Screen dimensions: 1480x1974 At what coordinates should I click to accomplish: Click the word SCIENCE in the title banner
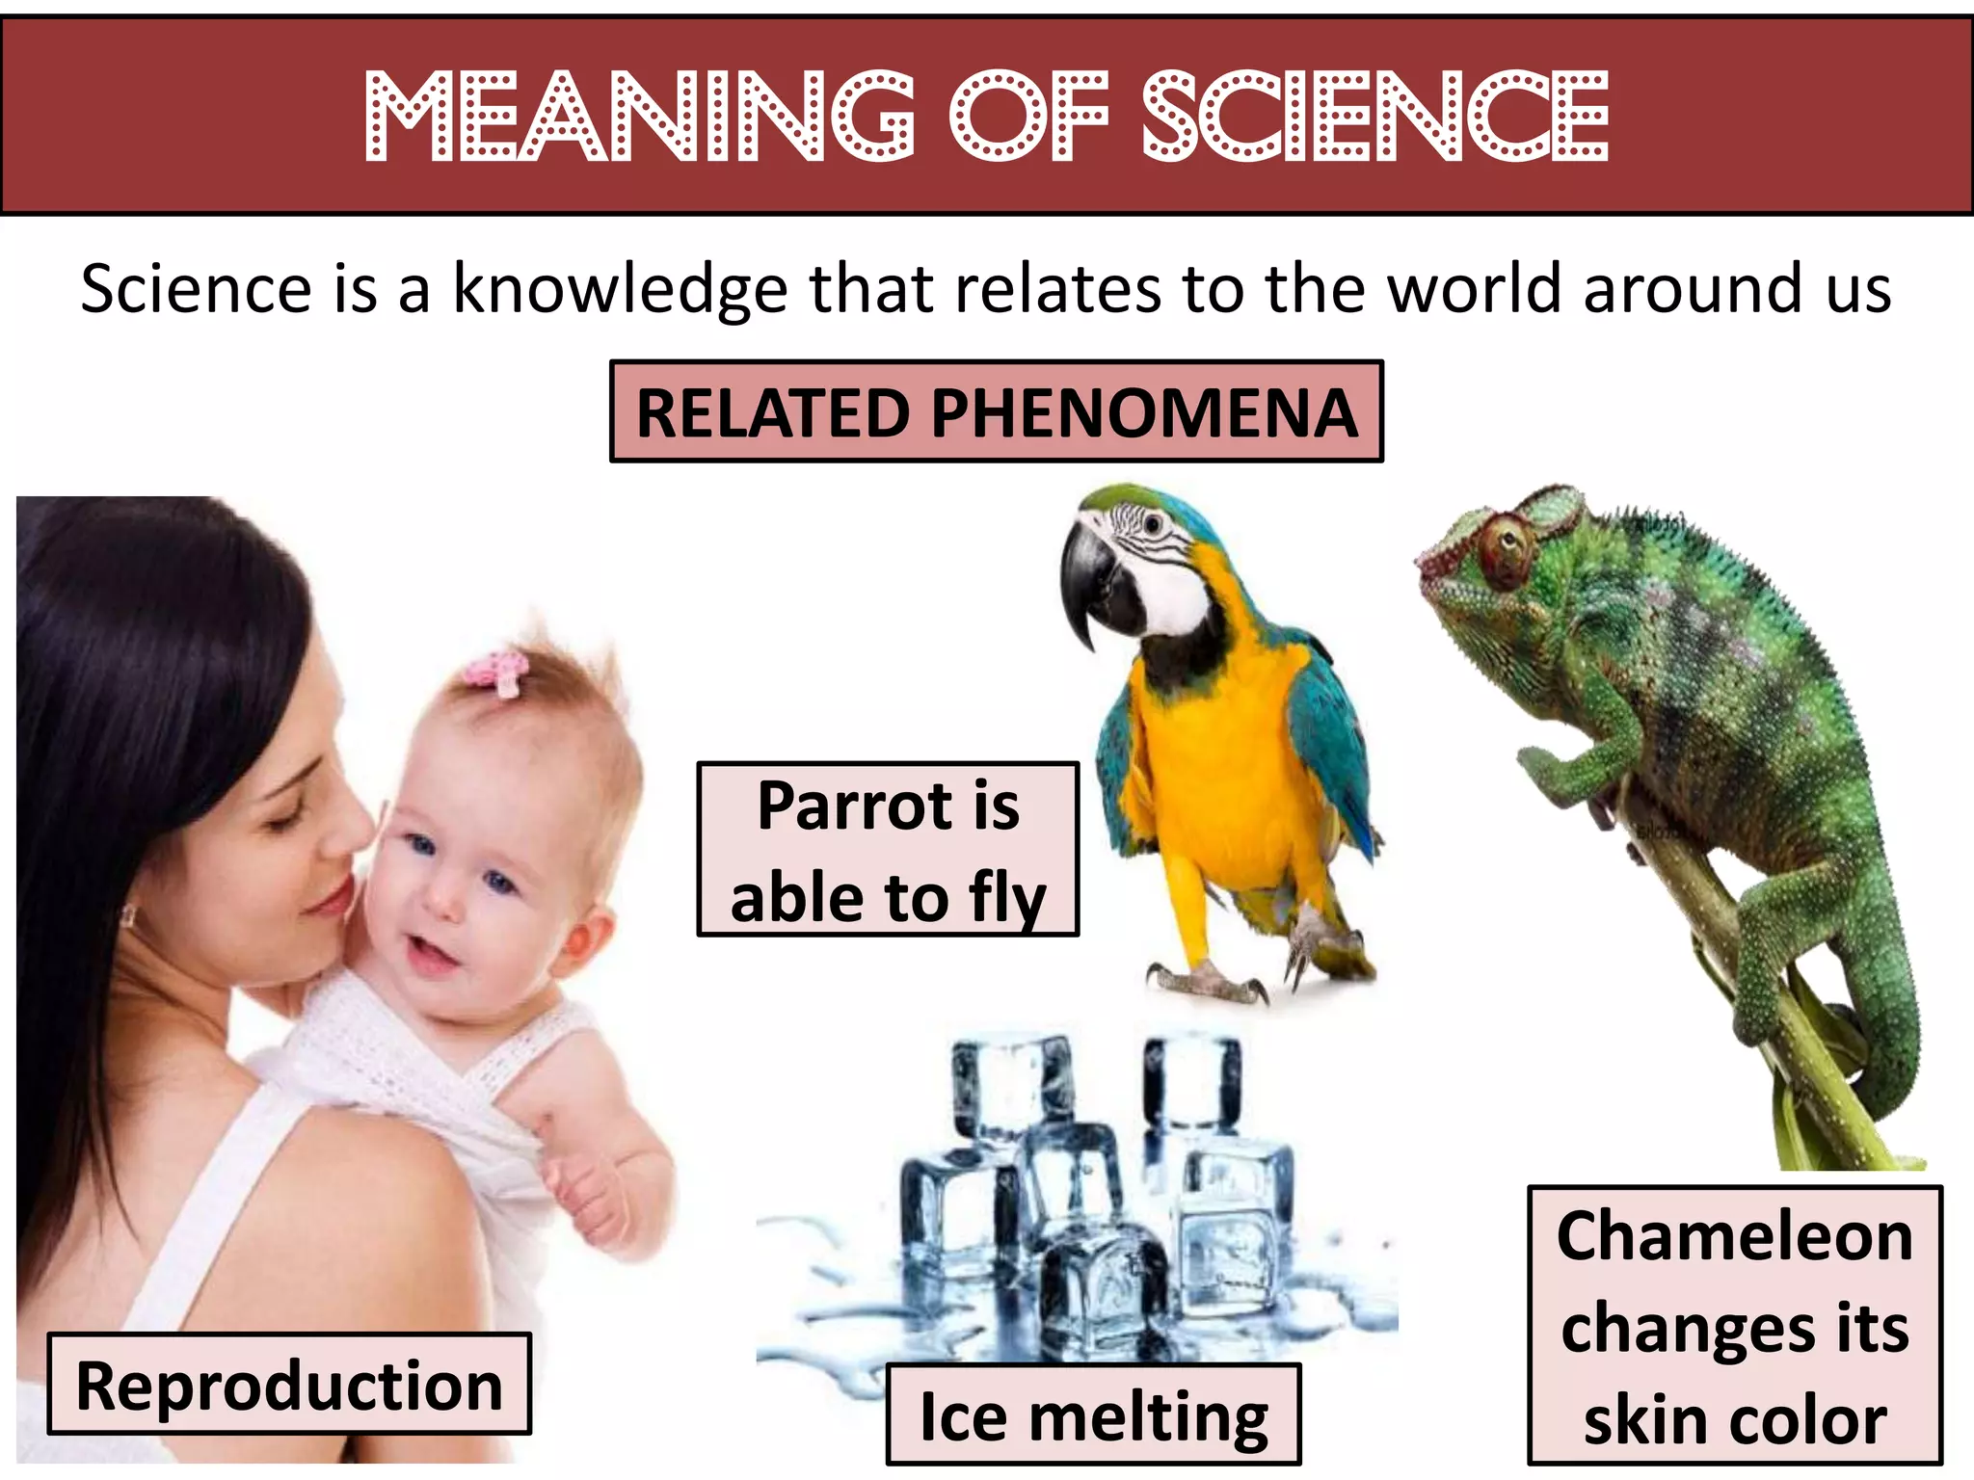[1374, 116]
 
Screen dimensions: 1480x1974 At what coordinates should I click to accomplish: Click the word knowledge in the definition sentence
[621, 289]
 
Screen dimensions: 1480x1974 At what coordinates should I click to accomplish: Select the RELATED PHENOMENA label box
[996, 412]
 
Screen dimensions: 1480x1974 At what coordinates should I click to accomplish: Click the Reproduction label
[289, 1386]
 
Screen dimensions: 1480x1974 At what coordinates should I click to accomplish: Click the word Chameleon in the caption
[1734, 1236]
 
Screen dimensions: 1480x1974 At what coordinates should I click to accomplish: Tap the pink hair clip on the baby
[497, 671]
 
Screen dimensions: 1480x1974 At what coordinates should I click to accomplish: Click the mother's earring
[127, 915]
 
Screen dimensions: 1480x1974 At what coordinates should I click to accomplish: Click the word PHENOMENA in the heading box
[1143, 412]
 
